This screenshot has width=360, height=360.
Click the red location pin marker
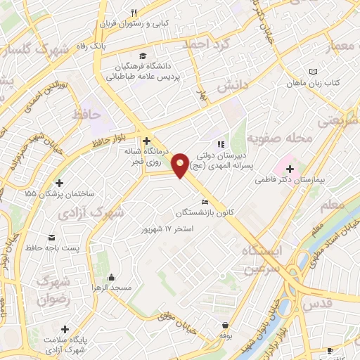[x=181, y=165]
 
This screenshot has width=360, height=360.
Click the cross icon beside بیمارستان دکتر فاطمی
[x=290, y=168]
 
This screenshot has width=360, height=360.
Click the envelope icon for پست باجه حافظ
[x=51, y=237]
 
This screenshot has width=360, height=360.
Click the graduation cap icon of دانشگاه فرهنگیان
[x=144, y=56]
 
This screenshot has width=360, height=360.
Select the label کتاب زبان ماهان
[x=313, y=82]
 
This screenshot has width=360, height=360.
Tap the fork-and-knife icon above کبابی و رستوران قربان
[x=135, y=13]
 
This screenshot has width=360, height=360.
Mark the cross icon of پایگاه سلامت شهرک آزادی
[x=65, y=329]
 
